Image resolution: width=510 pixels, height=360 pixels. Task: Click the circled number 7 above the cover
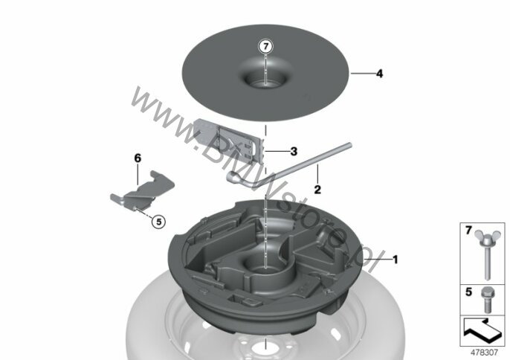(265, 47)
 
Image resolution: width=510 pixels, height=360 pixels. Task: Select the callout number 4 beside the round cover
(379, 74)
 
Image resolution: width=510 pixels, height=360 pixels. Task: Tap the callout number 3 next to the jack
(294, 151)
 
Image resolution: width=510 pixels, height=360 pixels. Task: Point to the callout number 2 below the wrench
(317, 190)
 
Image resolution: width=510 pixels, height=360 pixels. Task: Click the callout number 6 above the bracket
(138, 158)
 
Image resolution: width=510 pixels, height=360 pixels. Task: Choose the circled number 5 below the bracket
(159, 222)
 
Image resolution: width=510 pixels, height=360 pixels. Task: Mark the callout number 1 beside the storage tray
(396, 260)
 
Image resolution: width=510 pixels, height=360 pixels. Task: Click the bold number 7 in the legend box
(468, 231)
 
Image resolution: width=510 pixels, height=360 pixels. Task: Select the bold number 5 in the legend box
(468, 292)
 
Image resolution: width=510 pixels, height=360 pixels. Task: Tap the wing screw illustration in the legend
(487, 254)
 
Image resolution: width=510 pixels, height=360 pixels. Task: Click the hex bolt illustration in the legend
(487, 300)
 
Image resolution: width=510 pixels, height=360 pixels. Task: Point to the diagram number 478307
(484, 352)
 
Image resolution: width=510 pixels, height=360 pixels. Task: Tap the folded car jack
(229, 141)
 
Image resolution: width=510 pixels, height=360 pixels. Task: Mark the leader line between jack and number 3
(276, 151)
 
